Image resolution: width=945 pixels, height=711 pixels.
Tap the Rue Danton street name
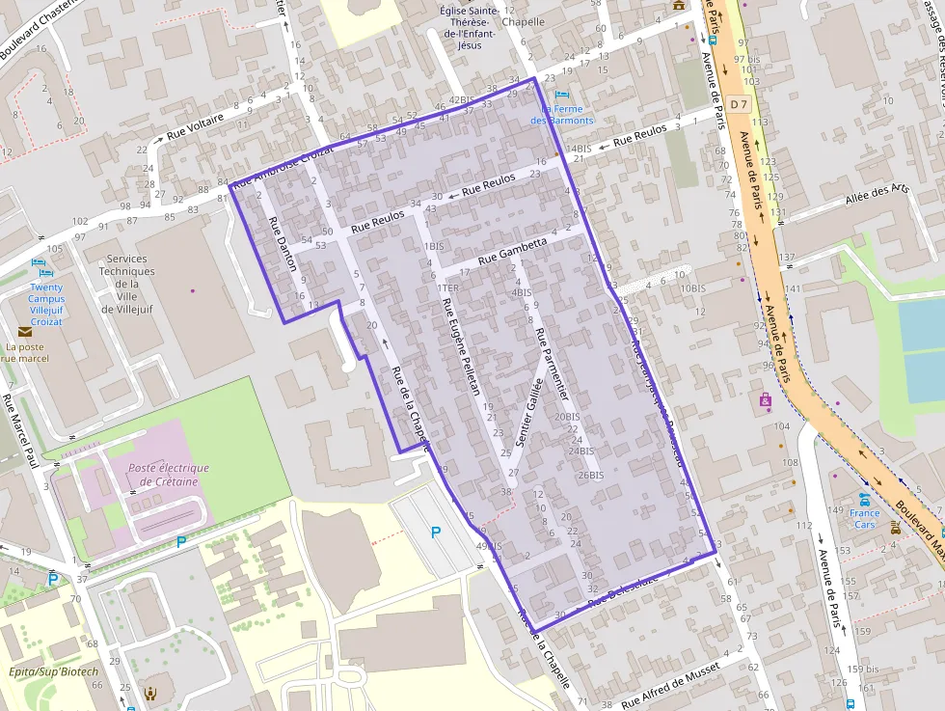click(283, 245)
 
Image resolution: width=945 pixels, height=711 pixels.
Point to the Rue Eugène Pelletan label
click(460, 347)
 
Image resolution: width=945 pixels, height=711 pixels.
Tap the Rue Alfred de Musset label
click(671, 690)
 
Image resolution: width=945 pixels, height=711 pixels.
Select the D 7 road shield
click(739, 103)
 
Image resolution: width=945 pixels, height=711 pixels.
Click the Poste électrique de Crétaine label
click(169, 475)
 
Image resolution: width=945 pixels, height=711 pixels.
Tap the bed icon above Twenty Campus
click(39, 261)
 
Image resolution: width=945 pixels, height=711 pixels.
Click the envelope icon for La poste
click(24, 331)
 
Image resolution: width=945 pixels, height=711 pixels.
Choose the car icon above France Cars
click(864, 500)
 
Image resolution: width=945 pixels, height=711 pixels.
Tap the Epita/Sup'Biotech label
click(51, 671)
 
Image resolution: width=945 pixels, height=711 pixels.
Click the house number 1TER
click(447, 287)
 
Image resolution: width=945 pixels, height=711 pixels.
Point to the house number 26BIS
click(590, 476)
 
